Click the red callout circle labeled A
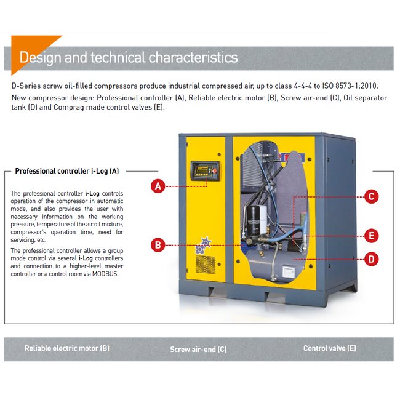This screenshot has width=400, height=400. (158, 186)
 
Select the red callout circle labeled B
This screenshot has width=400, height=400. (158, 245)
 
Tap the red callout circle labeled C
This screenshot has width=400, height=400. (370, 196)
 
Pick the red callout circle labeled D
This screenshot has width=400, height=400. (370, 259)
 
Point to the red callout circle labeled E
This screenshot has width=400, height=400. (370, 236)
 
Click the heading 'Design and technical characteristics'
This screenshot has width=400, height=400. (129, 58)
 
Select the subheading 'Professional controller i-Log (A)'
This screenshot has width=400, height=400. (67, 171)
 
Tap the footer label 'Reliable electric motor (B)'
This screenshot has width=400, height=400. (67, 348)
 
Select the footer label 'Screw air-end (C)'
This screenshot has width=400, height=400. (198, 349)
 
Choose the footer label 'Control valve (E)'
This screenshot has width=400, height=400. (329, 348)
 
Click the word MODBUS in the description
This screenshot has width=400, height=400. (103, 274)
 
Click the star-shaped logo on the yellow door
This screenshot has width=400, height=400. (204, 244)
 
